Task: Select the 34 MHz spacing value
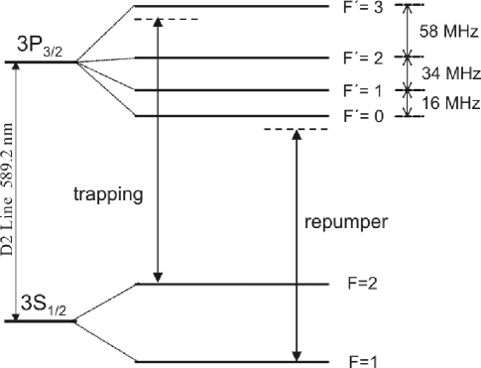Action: click(x=445, y=73)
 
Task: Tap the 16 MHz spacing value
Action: click(x=445, y=103)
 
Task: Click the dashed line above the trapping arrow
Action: click(x=164, y=20)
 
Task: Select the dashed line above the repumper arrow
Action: click(x=294, y=130)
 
